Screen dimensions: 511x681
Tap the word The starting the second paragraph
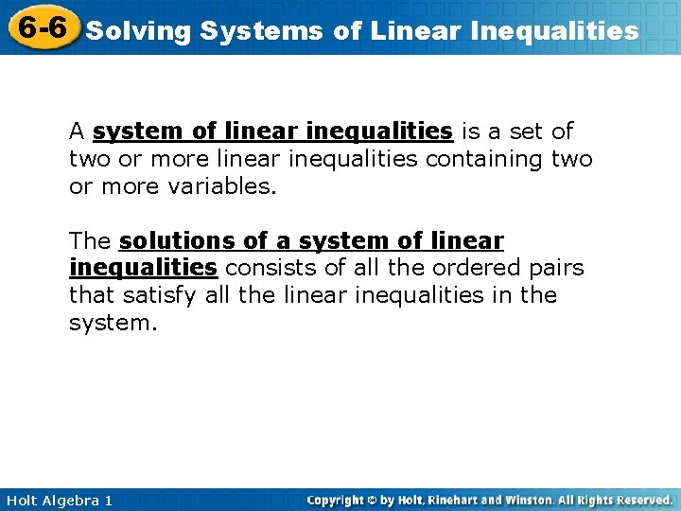tap(90, 241)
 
